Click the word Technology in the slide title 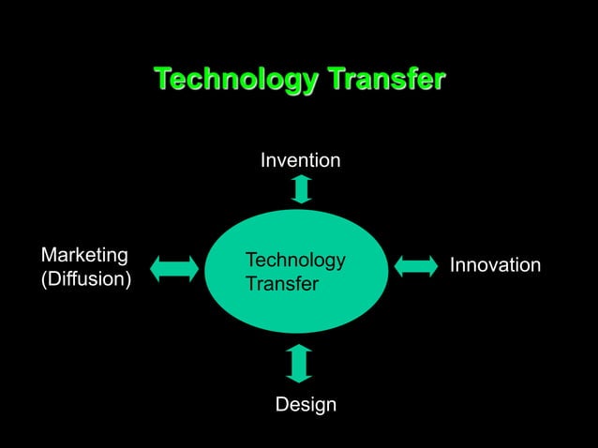[236, 81]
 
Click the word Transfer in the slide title [385, 81]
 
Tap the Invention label [300, 161]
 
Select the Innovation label [495, 265]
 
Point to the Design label [306, 405]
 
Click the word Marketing [84, 255]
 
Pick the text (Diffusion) [85, 279]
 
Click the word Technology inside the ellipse [294, 261]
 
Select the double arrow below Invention [301, 188]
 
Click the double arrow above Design [299, 364]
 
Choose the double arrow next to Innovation [416, 265]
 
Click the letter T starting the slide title [161, 80]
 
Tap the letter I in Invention [263, 161]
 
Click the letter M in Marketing [49, 255]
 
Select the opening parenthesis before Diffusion [43, 279]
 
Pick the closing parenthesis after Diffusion [128, 279]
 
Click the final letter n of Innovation [535, 265]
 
